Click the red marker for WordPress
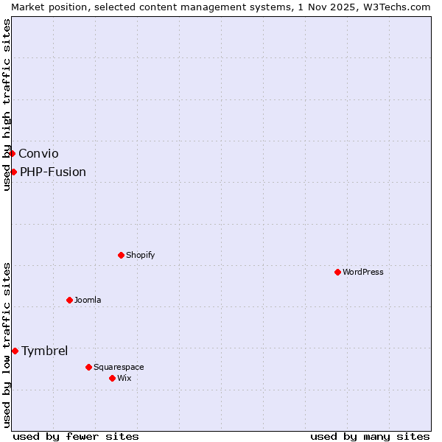pyautogui.click(x=338, y=272)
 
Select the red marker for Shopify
pyautogui.click(x=122, y=255)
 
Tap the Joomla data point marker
pyautogui.click(x=70, y=300)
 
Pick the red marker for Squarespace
pyautogui.click(x=89, y=367)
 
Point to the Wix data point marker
pyautogui.click(x=113, y=378)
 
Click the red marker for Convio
pyautogui.click(x=13, y=153)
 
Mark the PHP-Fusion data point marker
pyautogui.click(x=14, y=172)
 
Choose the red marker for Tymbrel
pyautogui.click(x=15, y=351)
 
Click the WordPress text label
pyautogui.click(x=363, y=272)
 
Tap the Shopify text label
pyautogui.click(x=141, y=255)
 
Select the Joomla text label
pyautogui.click(x=88, y=300)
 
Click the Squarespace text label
pyautogui.click(x=119, y=367)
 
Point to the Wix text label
pyautogui.click(x=124, y=378)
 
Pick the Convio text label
pyautogui.click(x=38, y=153)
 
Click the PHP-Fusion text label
pyautogui.click(x=53, y=172)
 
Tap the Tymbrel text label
pyautogui.click(x=44, y=351)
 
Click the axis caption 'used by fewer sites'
pyautogui.click(x=76, y=436)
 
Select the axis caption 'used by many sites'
pyautogui.click(x=370, y=436)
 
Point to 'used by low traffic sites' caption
pyautogui.click(x=7, y=344)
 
